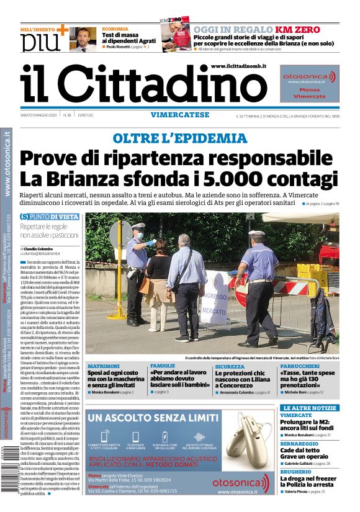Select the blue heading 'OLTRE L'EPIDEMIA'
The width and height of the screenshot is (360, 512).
[x=180, y=138]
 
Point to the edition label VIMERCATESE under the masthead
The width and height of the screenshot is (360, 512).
[x=180, y=115]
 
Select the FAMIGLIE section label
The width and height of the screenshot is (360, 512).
[x=163, y=366]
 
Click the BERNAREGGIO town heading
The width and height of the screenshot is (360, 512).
[x=302, y=444]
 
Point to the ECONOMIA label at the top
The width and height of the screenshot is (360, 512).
[x=115, y=29]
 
